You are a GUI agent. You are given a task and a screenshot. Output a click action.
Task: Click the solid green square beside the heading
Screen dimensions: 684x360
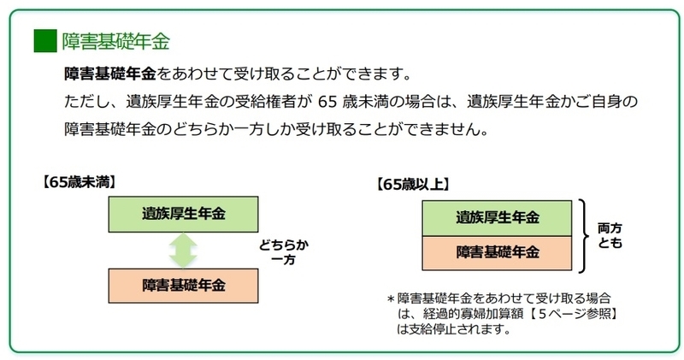(x=45, y=40)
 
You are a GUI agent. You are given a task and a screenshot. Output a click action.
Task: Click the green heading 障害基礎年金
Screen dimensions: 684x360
(x=115, y=41)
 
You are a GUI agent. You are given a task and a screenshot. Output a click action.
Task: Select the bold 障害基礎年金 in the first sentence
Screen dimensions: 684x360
(x=110, y=74)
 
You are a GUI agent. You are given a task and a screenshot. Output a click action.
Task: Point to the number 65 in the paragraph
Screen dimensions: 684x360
(x=327, y=102)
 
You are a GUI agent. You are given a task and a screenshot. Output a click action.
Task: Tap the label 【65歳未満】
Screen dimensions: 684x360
(x=79, y=182)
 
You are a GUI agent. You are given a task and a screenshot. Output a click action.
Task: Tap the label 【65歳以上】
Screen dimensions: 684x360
(x=413, y=184)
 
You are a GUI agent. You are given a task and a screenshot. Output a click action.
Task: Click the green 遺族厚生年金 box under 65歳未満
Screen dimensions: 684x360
(x=183, y=214)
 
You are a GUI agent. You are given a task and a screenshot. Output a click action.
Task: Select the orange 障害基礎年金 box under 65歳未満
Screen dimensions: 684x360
(x=183, y=286)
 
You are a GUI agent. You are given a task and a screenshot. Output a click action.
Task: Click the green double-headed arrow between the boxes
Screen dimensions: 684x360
(x=183, y=250)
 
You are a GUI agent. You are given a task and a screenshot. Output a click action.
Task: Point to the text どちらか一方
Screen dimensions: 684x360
(x=284, y=252)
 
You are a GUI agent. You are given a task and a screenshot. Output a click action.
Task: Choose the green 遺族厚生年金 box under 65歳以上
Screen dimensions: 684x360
(x=497, y=218)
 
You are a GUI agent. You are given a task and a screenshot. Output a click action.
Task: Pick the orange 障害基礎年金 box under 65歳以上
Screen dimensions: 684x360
(x=497, y=253)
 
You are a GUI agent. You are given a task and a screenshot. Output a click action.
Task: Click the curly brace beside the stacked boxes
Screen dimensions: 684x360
(x=583, y=236)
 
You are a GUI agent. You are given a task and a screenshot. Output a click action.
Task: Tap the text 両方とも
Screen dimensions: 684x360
(x=610, y=235)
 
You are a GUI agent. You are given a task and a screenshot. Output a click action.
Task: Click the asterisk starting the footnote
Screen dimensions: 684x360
(x=391, y=299)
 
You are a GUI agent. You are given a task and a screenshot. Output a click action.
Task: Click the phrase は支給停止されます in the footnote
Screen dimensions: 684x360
(x=454, y=328)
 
